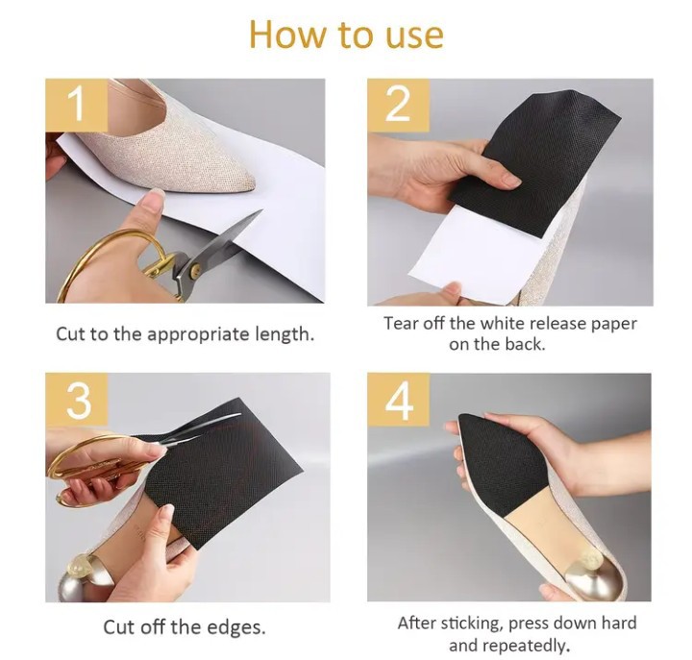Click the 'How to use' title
(x=346, y=35)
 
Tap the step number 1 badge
(x=76, y=105)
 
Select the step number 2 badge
(x=398, y=105)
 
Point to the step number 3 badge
(x=76, y=400)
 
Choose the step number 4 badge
(x=398, y=400)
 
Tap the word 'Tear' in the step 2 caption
(x=400, y=324)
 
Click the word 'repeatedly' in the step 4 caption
(x=531, y=646)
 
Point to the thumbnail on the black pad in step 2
(x=513, y=180)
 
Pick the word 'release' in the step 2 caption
(x=556, y=324)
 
